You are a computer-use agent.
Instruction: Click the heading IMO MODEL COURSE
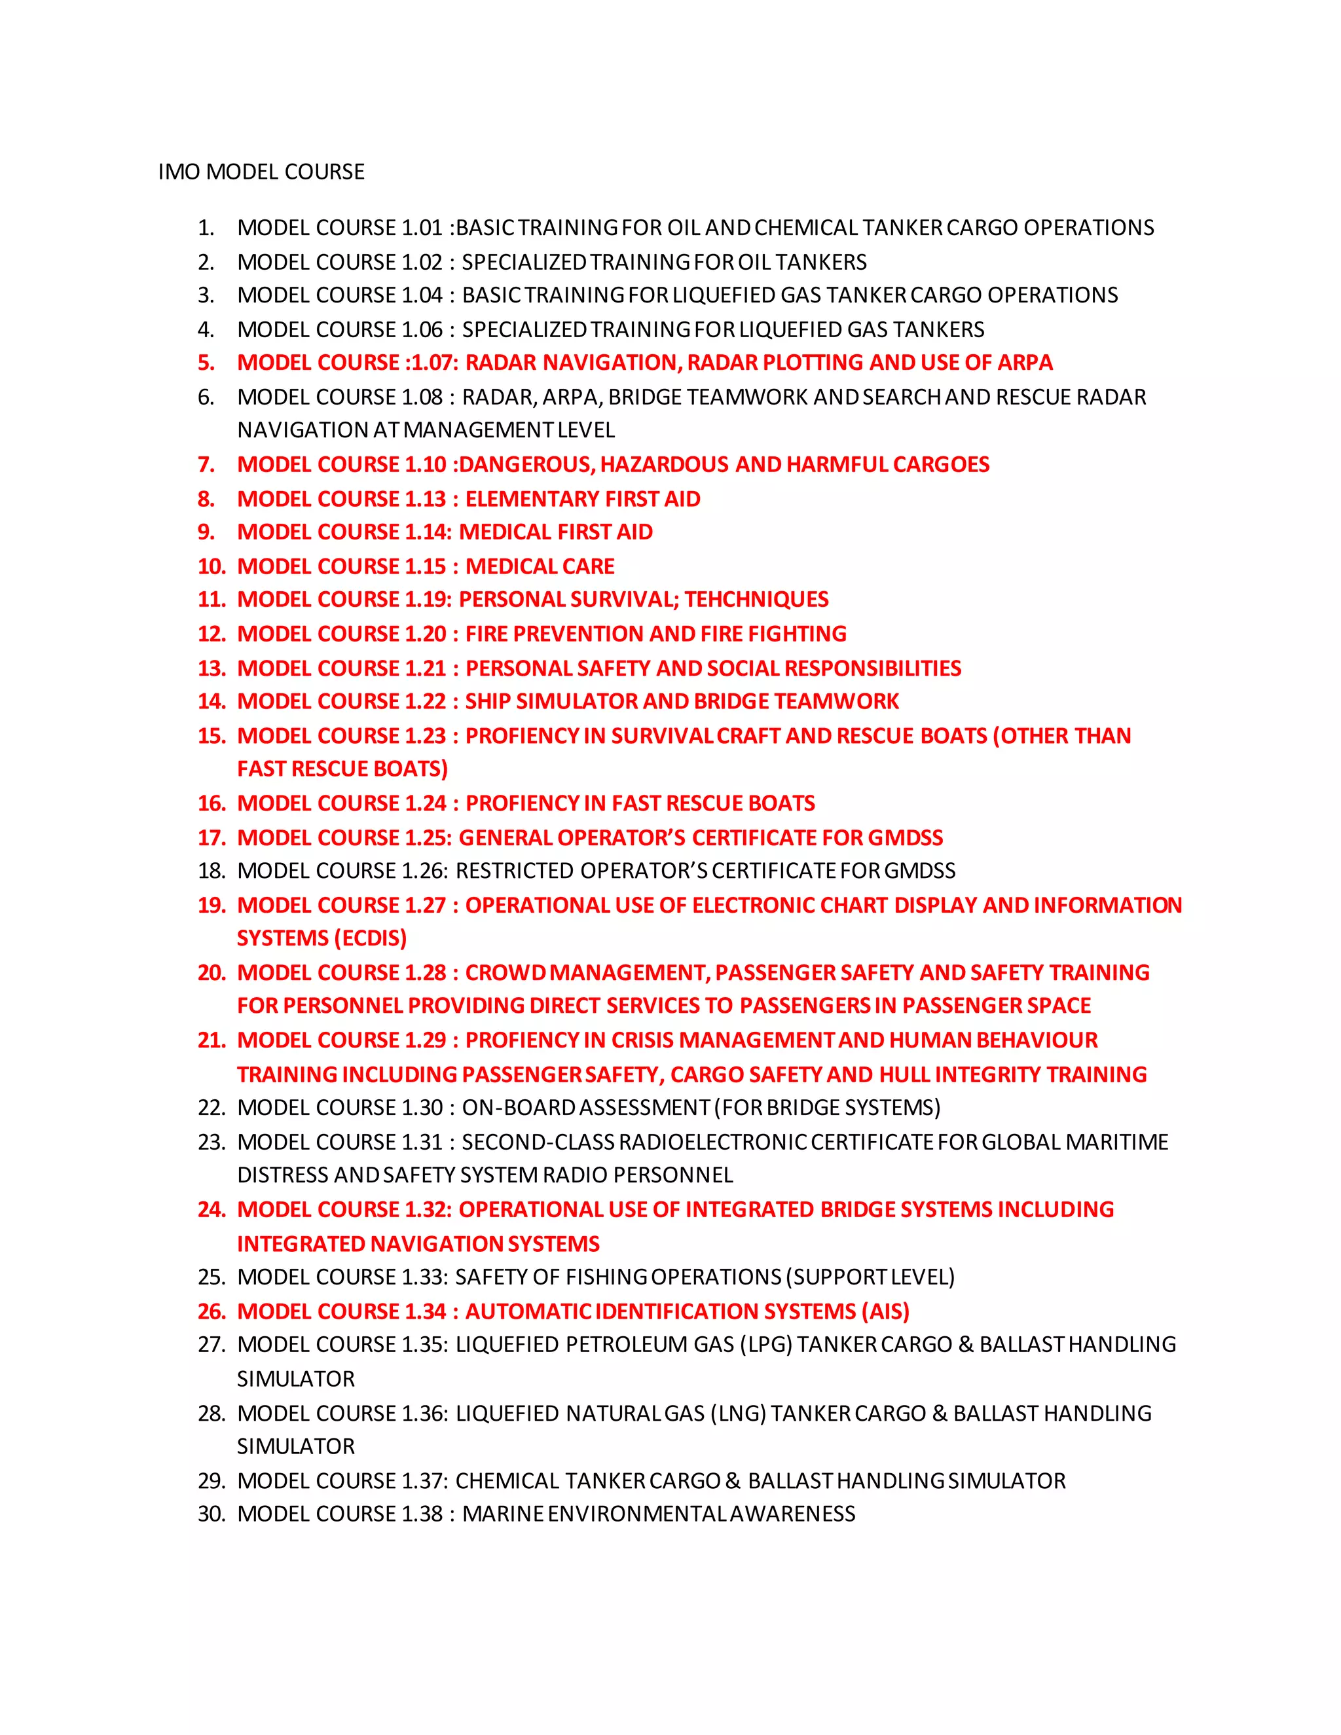[x=261, y=172]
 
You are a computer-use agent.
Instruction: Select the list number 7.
[x=206, y=465]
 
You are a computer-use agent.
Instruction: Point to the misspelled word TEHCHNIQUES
[x=756, y=600]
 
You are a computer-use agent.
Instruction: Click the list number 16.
[x=211, y=804]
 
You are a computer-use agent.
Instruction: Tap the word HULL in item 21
[x=904, y=1075]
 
